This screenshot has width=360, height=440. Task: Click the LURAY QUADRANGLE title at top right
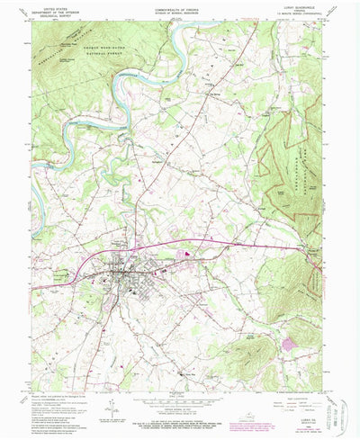point(296,8)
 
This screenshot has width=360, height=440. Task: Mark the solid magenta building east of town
point(187,254)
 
